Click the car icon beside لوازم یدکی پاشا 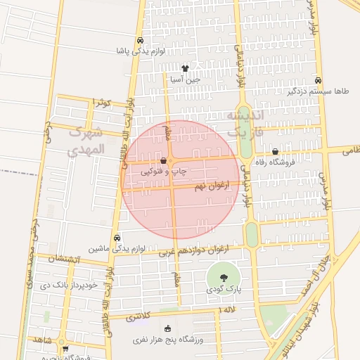click(141, 40)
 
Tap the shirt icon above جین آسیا click(185, 69)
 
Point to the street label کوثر click(104, 103)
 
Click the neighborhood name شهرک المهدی click(86, 141)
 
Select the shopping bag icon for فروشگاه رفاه click(275, 152)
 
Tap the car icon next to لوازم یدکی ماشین click(117, 238)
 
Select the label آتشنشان click(64, 259)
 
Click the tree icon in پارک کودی click(224, 277)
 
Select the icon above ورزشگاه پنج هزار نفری click(167, 328)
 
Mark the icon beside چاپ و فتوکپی click(164, 162)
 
